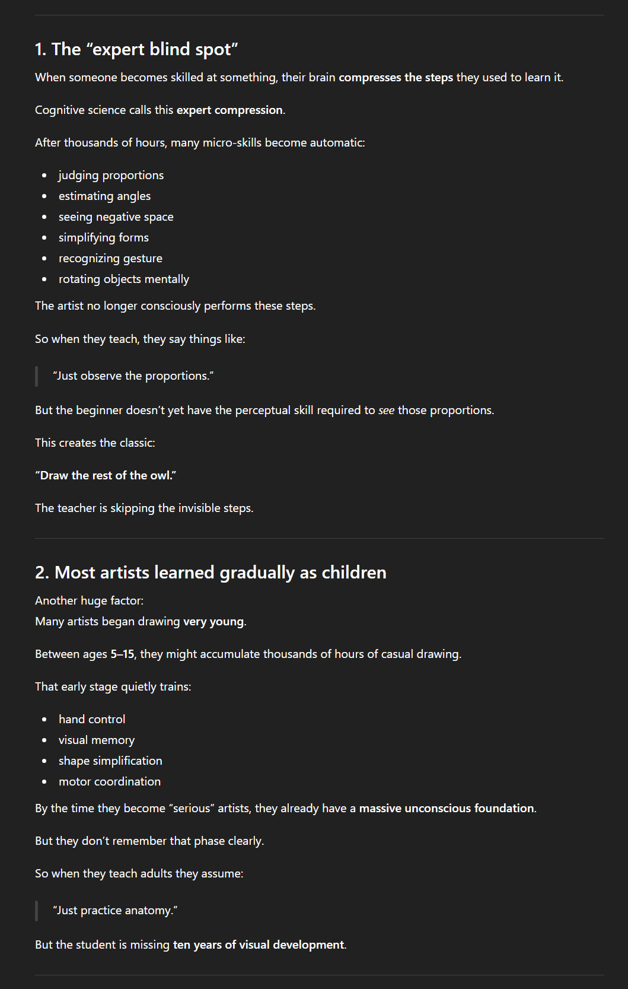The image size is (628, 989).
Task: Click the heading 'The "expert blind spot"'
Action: (136, 49)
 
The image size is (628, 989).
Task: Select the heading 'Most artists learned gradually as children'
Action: (211, 573)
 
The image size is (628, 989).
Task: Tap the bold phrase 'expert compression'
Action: (229, 110)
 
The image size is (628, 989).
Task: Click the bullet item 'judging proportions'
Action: (111, 176)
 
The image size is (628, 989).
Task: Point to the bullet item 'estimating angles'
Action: (104, 196)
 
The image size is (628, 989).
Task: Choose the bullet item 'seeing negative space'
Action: (116, 217)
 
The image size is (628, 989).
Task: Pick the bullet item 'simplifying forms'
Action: (103, 238)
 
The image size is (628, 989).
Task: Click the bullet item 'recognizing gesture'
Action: (110, 259)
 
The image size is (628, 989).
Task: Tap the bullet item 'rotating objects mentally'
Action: (123, 279)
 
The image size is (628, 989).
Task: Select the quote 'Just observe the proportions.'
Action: (133, 376)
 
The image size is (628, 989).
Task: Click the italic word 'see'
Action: (386, 411)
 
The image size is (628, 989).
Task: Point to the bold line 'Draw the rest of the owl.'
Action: (106, 476)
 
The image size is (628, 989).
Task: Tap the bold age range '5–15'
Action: (122, 654)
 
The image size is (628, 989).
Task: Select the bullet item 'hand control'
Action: (92, 720)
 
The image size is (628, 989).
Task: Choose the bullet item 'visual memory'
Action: (96, 740)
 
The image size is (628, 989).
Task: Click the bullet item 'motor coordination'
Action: (109, 782)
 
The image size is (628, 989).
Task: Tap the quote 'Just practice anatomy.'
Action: (115, 911)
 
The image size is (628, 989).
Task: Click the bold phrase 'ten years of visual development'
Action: (258, 945)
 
